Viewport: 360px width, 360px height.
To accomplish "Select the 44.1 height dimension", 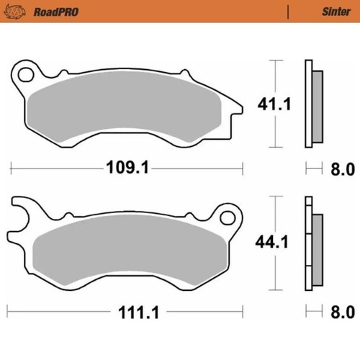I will point(274,243).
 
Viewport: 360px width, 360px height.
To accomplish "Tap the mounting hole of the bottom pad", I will point(230,215).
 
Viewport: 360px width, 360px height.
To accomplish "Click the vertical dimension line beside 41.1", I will point(274,79).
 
